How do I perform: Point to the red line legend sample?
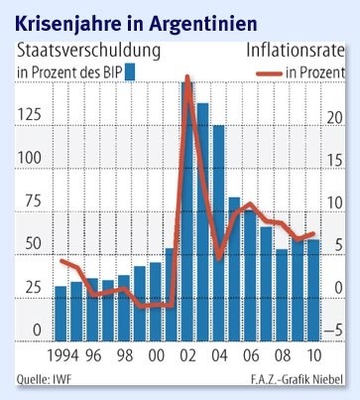click(x=266, y=71)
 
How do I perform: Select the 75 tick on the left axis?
click(x=32, y=201)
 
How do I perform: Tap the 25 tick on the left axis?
click(x=32, y=288)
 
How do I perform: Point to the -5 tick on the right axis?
click(x=334, y=332)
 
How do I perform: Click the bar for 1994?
click(x=60, y=312)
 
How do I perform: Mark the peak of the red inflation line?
click(x=187, y=76)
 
